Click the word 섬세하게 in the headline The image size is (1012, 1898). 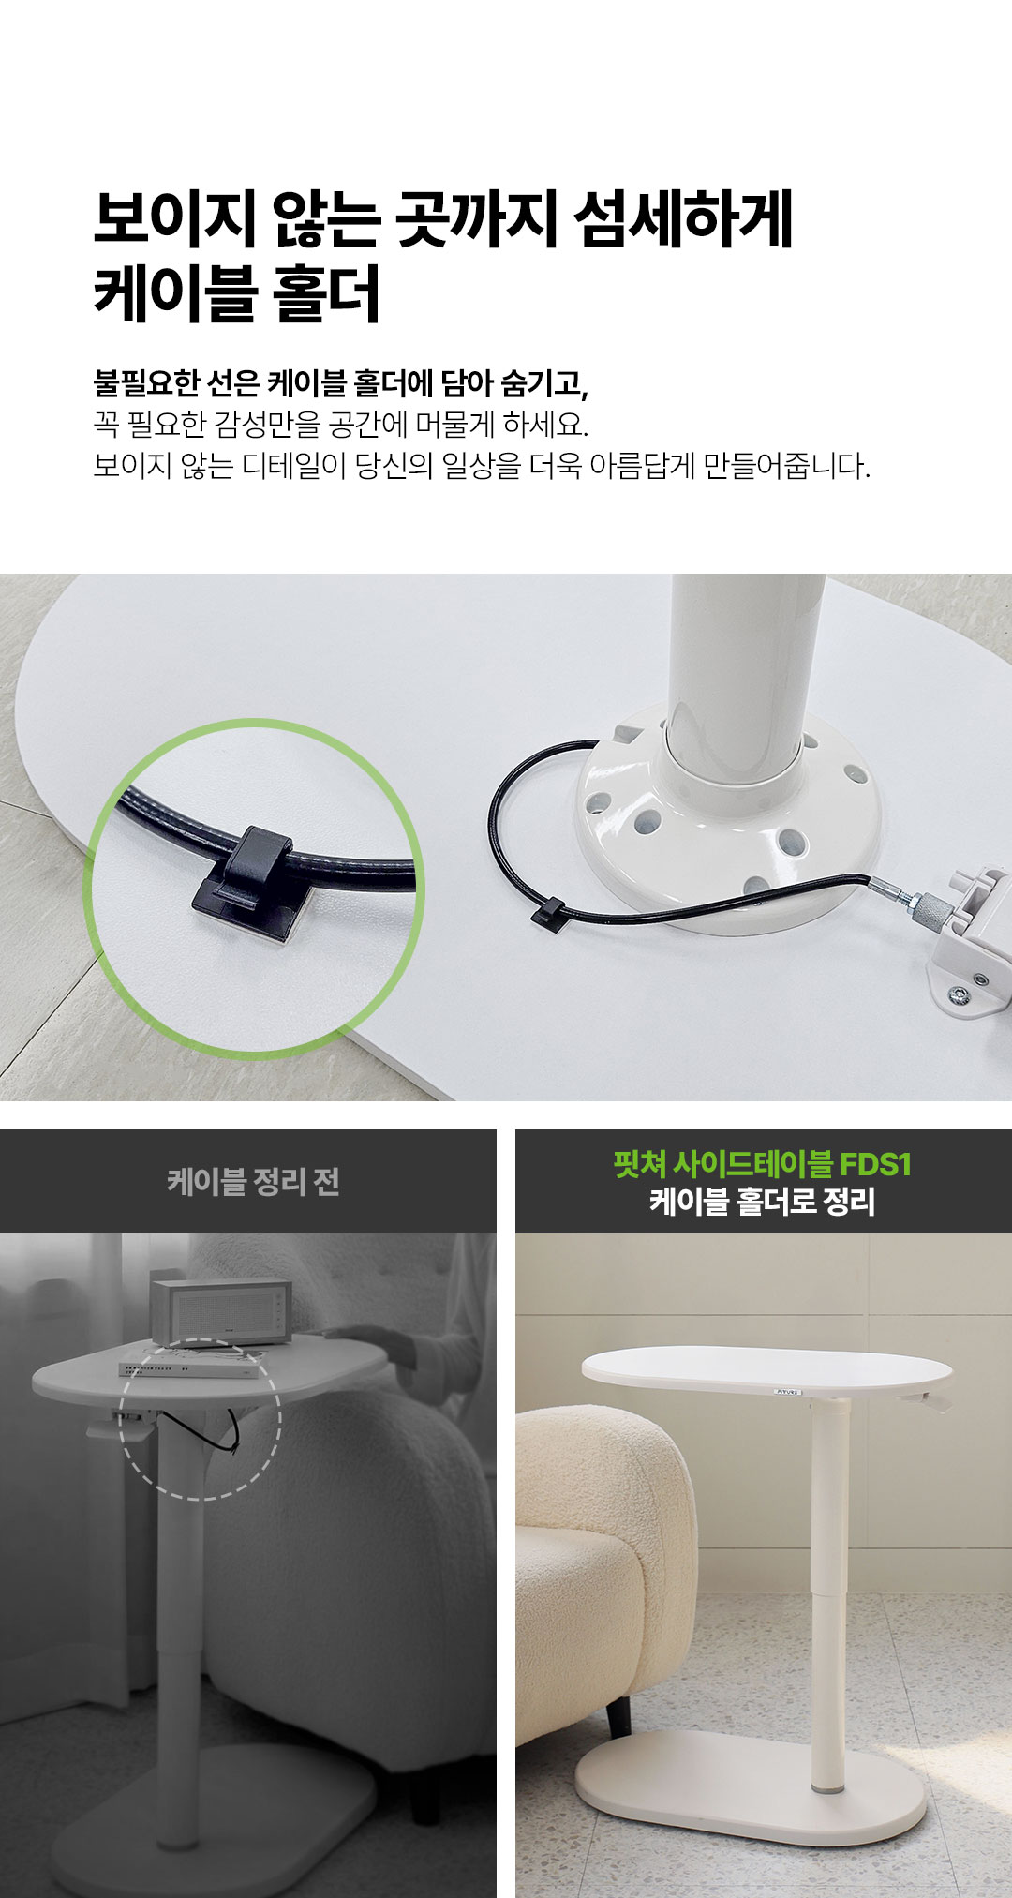point(683,219)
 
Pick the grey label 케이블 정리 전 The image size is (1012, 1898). point(253,1182)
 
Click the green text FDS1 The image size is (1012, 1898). point(875,1164)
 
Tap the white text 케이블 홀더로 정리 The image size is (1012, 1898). point(762,1201)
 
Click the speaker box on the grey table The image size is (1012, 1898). point(218,1312)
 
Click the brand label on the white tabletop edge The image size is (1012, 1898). point(788,1392)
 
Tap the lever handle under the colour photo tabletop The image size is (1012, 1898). point(927,1400)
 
